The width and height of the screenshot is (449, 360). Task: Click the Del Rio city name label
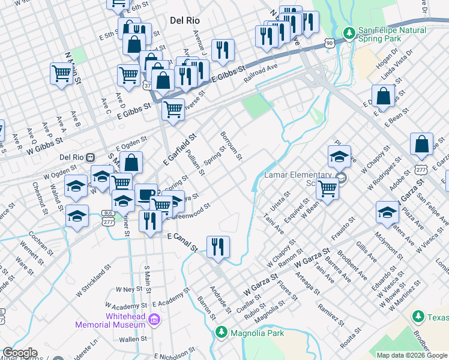pos(184,20)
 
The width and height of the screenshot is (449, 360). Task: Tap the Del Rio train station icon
pos(90,157)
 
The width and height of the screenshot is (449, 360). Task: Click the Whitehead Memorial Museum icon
pos(155,320)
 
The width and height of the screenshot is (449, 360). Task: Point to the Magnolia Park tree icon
pos(222,332)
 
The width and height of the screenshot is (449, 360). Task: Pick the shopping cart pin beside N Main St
pos(62,74)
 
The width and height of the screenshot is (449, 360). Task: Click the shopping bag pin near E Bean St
pos(383,97)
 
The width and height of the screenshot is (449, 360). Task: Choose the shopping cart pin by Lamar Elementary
pos(328,189)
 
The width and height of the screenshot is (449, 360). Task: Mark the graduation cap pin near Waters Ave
pos(387,212)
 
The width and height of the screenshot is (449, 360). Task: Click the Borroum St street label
pos(231,146)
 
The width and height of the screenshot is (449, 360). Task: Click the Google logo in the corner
pos(20,353)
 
